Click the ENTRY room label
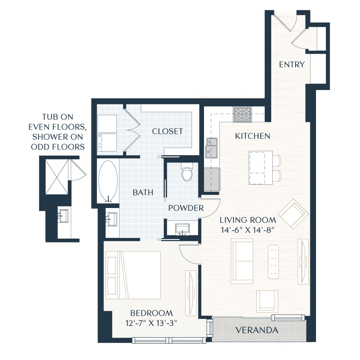[292, 64]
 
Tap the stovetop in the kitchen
[242, 114]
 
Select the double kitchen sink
[212, 147]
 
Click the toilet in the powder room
[187, 172]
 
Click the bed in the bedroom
[133, 275]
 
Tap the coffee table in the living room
[274, 261]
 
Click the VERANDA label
[256, 330]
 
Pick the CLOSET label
[168, 131]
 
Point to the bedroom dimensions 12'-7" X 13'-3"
[151, 323]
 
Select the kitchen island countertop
[260, 168]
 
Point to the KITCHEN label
[252, 136]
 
